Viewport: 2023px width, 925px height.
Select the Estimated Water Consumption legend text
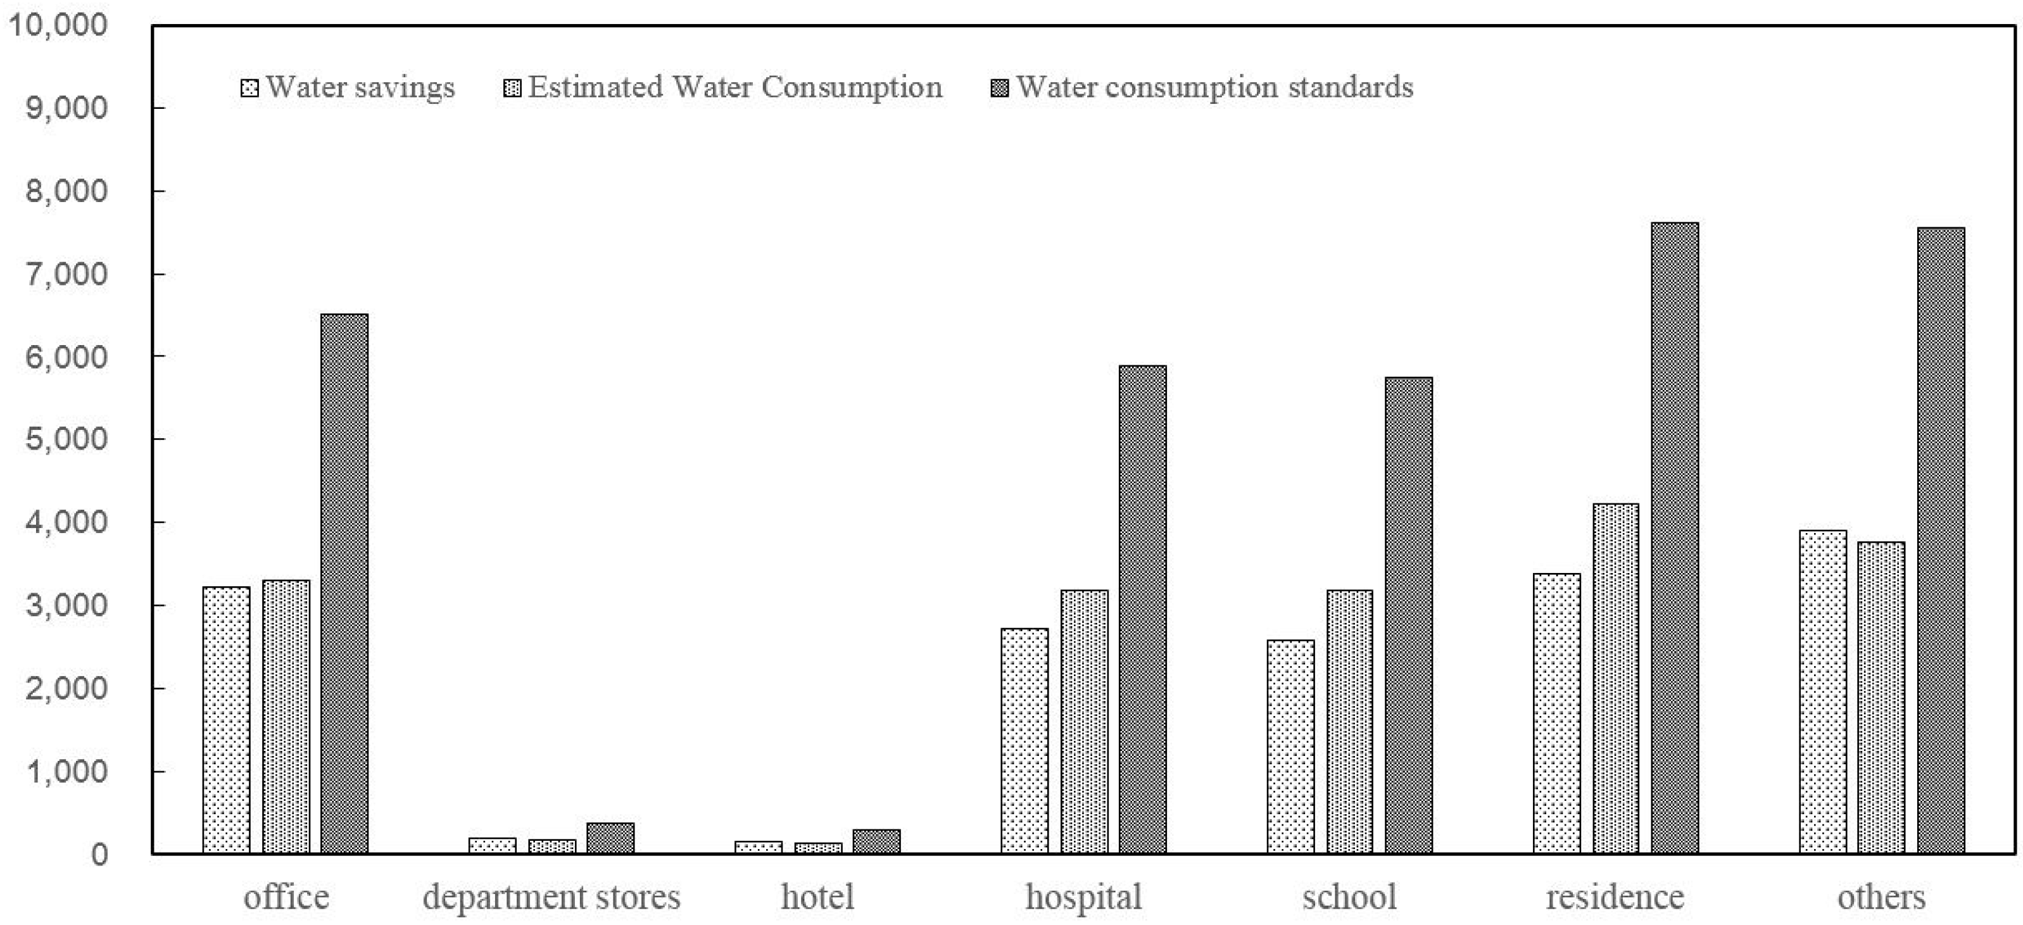pyautogui.click(x=734, y=87)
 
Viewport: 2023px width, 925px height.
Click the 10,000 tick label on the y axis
pyautogui.click(x=56, y=25)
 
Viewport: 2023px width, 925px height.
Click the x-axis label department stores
pyautogui.click(x=551, y=897)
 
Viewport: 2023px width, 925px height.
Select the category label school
pyautogui.click(x=1349, y=897)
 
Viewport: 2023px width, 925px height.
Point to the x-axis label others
pyautogui.click(x=1881, y=897)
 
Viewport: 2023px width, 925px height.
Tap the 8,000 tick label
pyautogui.click(x=66, y=191)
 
